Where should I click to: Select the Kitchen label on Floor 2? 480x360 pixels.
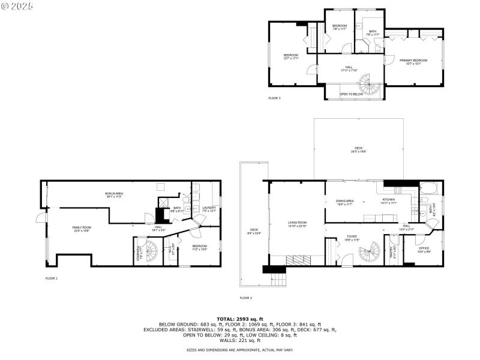[x=389, y=200]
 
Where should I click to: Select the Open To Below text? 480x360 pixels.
[x=351, y=94]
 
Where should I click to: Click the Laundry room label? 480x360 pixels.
[x=209, y=209]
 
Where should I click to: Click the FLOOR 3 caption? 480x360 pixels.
[x=274, y=98]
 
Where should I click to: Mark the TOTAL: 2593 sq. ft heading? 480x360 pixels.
[x=240, y=319]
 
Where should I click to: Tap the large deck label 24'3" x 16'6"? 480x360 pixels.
[x=358, y=150]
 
